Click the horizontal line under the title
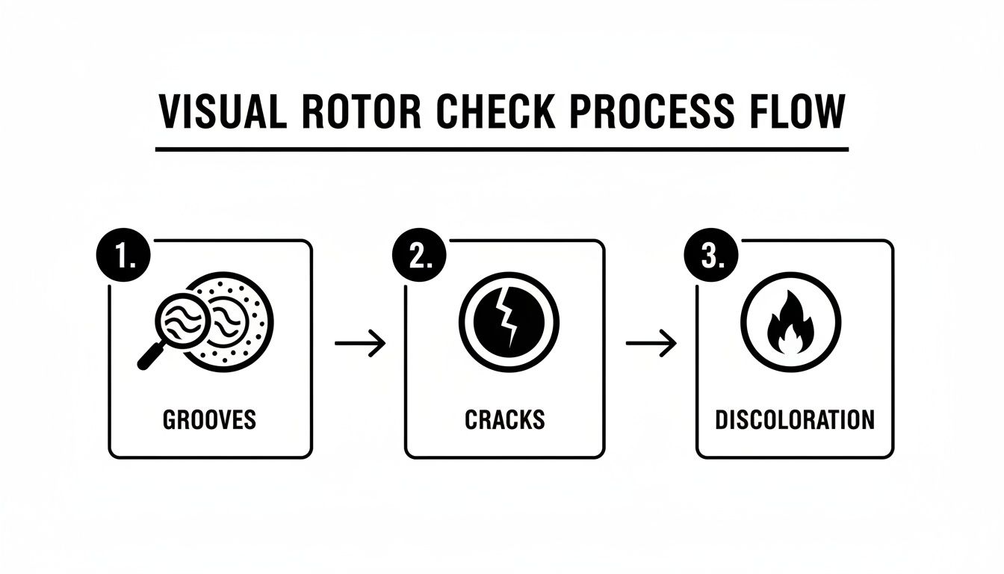(x=502, y=149)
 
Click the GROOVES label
(x=210, y=419)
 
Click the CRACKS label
(x=505, y=419)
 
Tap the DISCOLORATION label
(x=795, y=419)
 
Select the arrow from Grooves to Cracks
(x=360, y=343)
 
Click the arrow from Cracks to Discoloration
(x=651, y=343)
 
